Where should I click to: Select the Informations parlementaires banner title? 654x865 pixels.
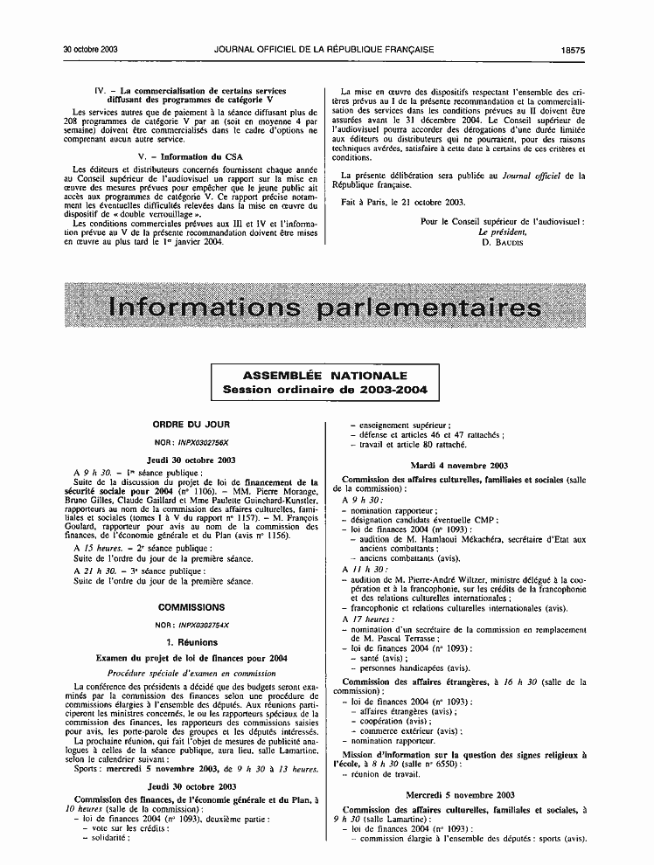click(321, 308)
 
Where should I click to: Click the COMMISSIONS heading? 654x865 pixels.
click(191, 606)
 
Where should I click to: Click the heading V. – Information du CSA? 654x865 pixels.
click(191, 156)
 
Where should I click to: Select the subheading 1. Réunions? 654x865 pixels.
click(191, 641)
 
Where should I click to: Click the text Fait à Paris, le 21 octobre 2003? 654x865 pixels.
click(403, 202)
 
